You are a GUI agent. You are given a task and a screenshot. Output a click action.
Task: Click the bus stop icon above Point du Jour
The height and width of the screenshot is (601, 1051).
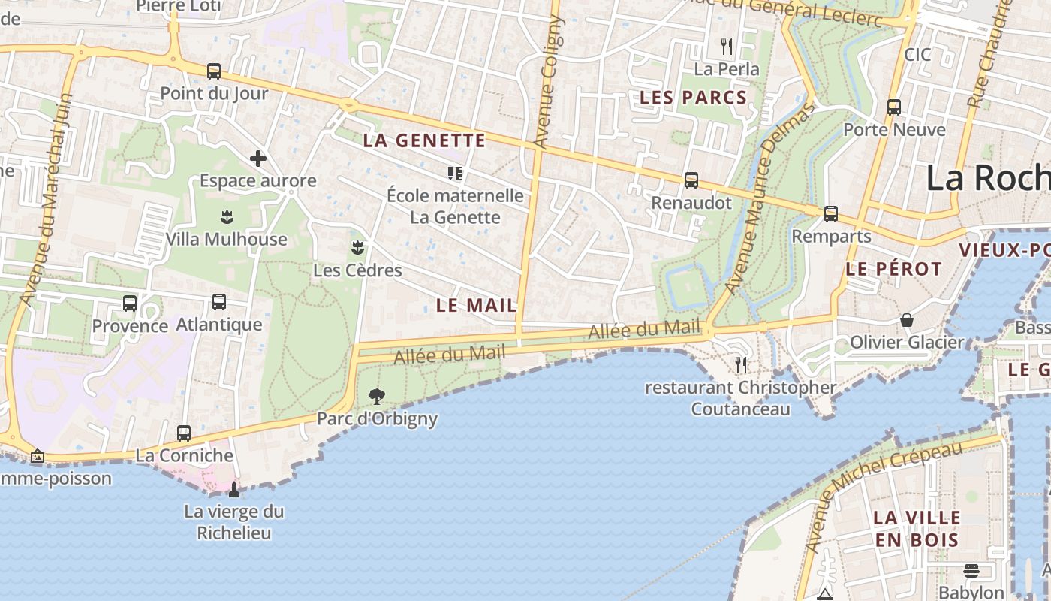(214, 71)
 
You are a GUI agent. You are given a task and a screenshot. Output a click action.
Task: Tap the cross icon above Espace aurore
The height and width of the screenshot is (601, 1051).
(257, 159)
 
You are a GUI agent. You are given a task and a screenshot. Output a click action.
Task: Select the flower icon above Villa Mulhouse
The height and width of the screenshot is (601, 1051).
(226, 218)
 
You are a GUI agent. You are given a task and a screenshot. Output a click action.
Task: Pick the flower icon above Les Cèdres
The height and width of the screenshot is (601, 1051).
(357, 248)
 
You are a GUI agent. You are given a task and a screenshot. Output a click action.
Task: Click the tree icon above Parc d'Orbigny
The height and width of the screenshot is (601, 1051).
(377, 396)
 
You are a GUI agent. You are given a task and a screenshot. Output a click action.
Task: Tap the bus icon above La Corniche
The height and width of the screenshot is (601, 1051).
(184, 433)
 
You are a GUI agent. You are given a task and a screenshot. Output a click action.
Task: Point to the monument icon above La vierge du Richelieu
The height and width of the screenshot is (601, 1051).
(234, 490)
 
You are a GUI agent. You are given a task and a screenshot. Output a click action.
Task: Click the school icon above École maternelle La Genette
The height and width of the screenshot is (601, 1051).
(454, 174)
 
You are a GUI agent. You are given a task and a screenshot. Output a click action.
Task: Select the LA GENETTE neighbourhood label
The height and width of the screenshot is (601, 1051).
(424, 140)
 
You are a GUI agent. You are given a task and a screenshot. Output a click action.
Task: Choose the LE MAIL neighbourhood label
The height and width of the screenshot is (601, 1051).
(477, 305)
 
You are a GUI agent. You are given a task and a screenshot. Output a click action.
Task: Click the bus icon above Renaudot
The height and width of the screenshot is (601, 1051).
(691, 180)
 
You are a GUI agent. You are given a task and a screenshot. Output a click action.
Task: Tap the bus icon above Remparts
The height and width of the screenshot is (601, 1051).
(831, 214)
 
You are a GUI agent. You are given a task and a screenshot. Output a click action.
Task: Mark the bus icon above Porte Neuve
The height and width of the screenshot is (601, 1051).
(893, 107)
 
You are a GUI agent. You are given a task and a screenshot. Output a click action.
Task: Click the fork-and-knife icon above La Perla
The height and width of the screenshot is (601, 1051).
(726, 47)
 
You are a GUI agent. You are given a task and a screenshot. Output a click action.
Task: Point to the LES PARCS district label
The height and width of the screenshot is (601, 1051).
(693, 98)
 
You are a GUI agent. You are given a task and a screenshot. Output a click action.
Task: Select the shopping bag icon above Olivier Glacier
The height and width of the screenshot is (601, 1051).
(907, 320)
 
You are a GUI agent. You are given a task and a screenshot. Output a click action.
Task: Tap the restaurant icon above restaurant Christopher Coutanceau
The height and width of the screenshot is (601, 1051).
(741, 365)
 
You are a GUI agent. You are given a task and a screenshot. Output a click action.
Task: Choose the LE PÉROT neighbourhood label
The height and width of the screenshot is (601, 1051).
(893, 269)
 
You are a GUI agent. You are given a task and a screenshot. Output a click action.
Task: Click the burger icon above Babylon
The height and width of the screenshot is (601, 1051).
(971, 571)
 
